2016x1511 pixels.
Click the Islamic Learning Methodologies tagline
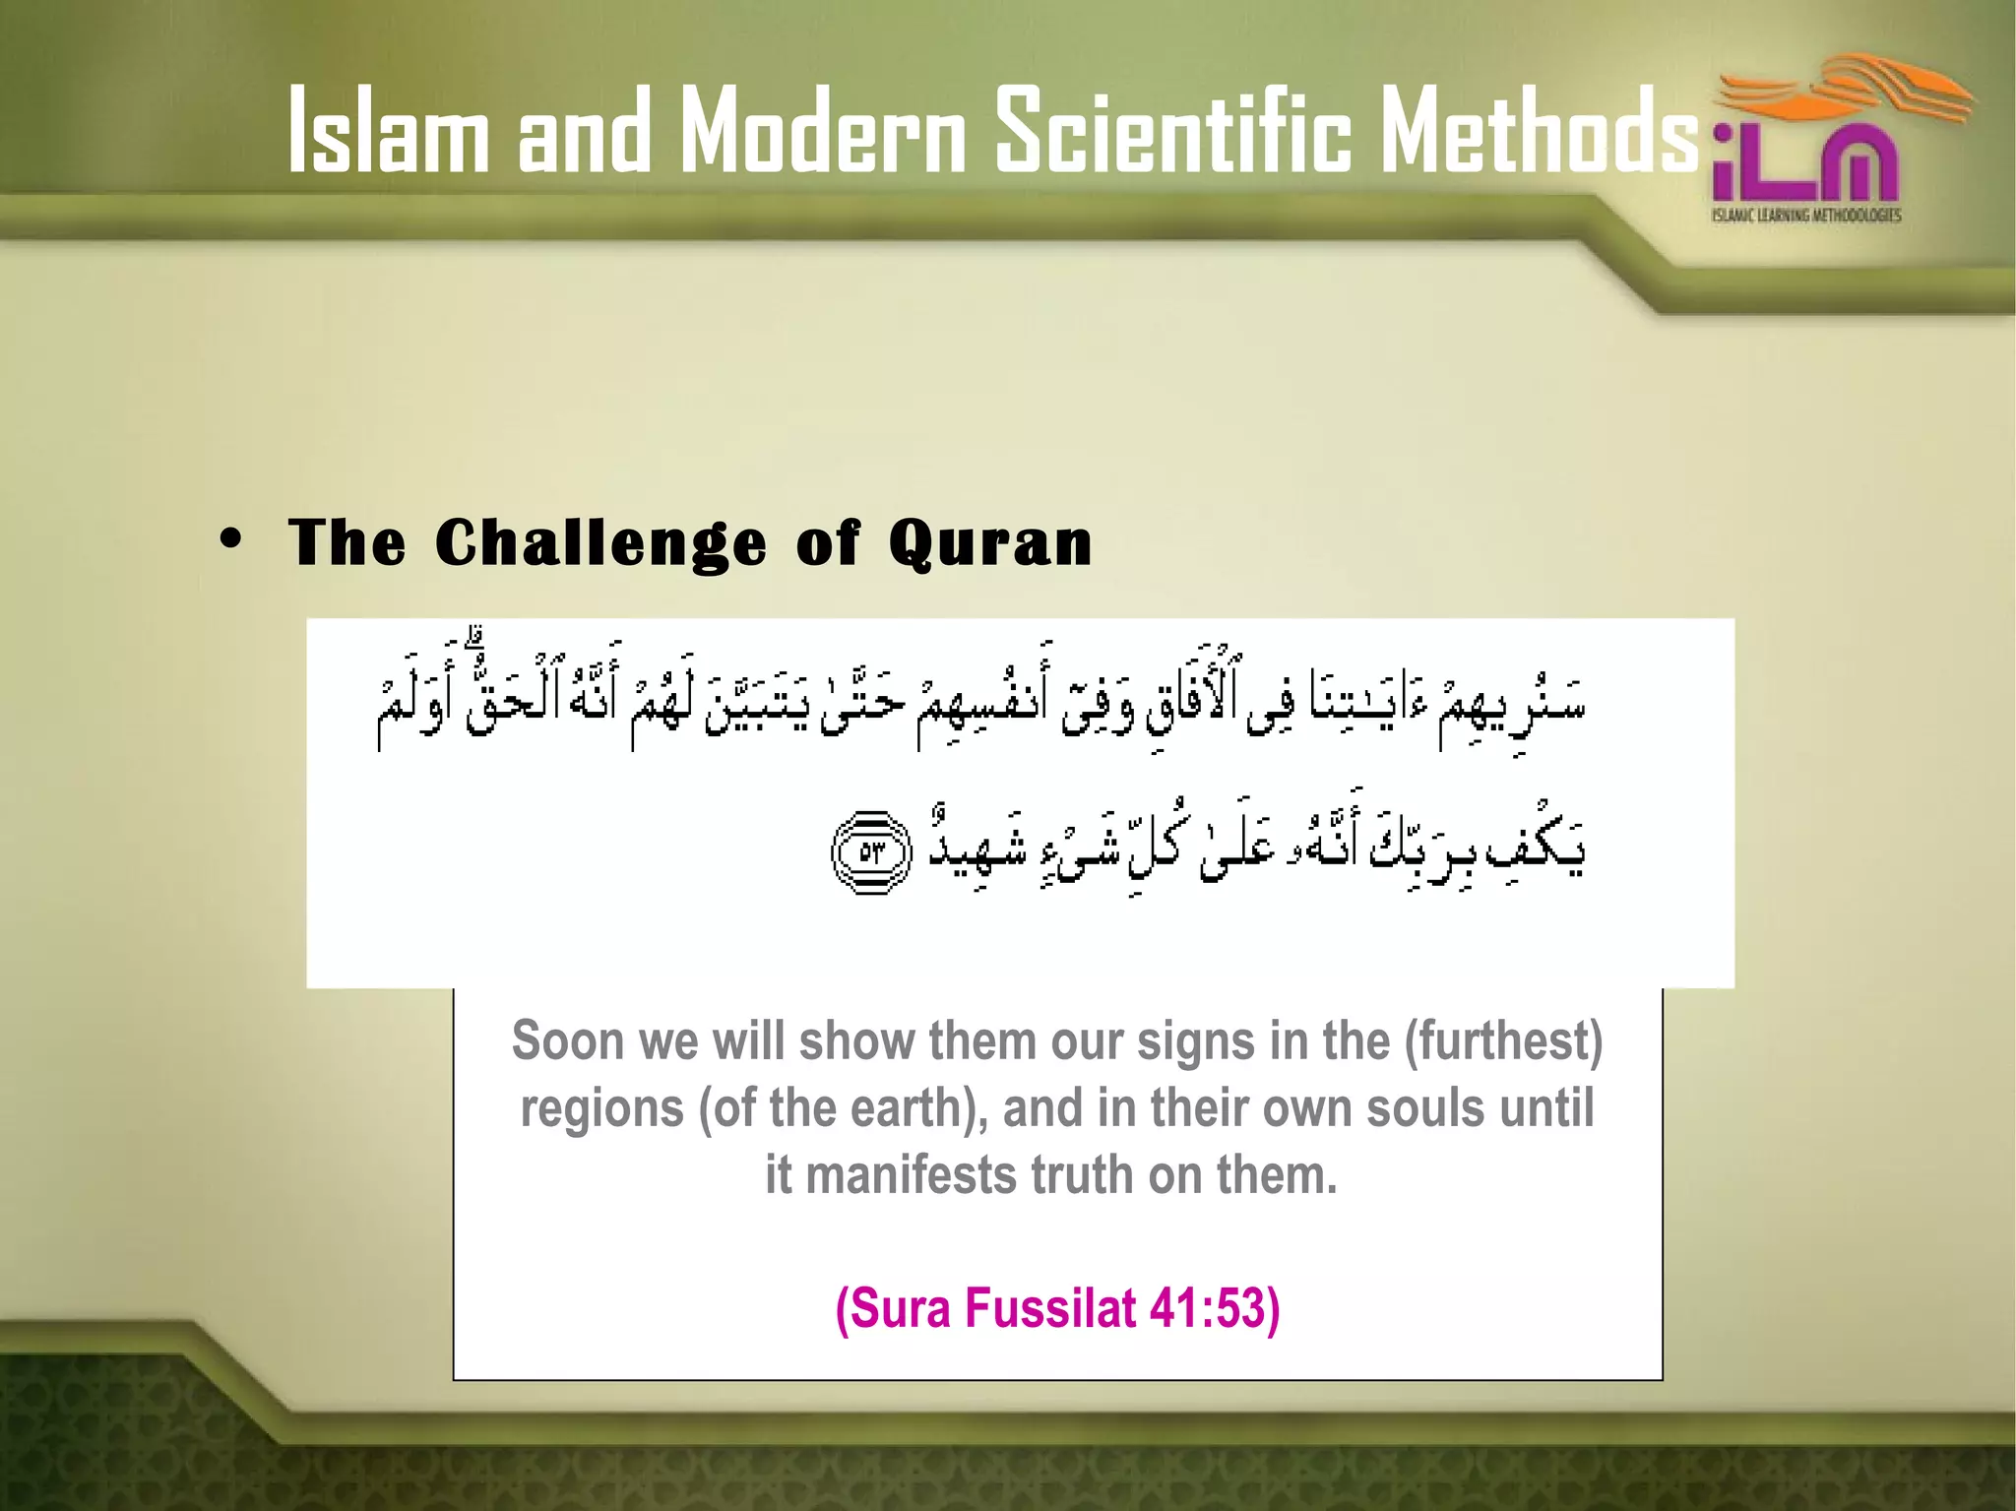(1805, 215)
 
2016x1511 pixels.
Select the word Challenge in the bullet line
(600, 543)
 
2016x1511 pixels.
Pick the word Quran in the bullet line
(989, 543)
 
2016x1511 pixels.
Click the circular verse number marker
(872, 852)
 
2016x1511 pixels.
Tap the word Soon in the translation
(568, 1041)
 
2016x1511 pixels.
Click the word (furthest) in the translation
(1503, 1041)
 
